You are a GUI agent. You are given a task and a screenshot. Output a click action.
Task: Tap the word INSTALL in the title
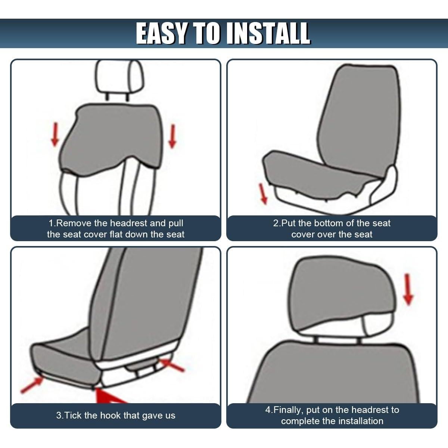(x=268, y=33)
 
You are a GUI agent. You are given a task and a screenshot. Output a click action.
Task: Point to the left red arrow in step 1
(x=55, y=135)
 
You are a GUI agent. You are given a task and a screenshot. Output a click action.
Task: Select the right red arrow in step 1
(x=172, y=136)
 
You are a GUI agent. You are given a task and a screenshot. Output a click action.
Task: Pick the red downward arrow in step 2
(x=264, y=193)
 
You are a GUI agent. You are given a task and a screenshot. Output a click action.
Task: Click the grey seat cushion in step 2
(x=317, y=172)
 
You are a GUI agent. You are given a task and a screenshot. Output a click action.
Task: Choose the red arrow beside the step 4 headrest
(x=409, y=289)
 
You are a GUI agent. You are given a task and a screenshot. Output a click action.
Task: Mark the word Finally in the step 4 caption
(x=288, y=410)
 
